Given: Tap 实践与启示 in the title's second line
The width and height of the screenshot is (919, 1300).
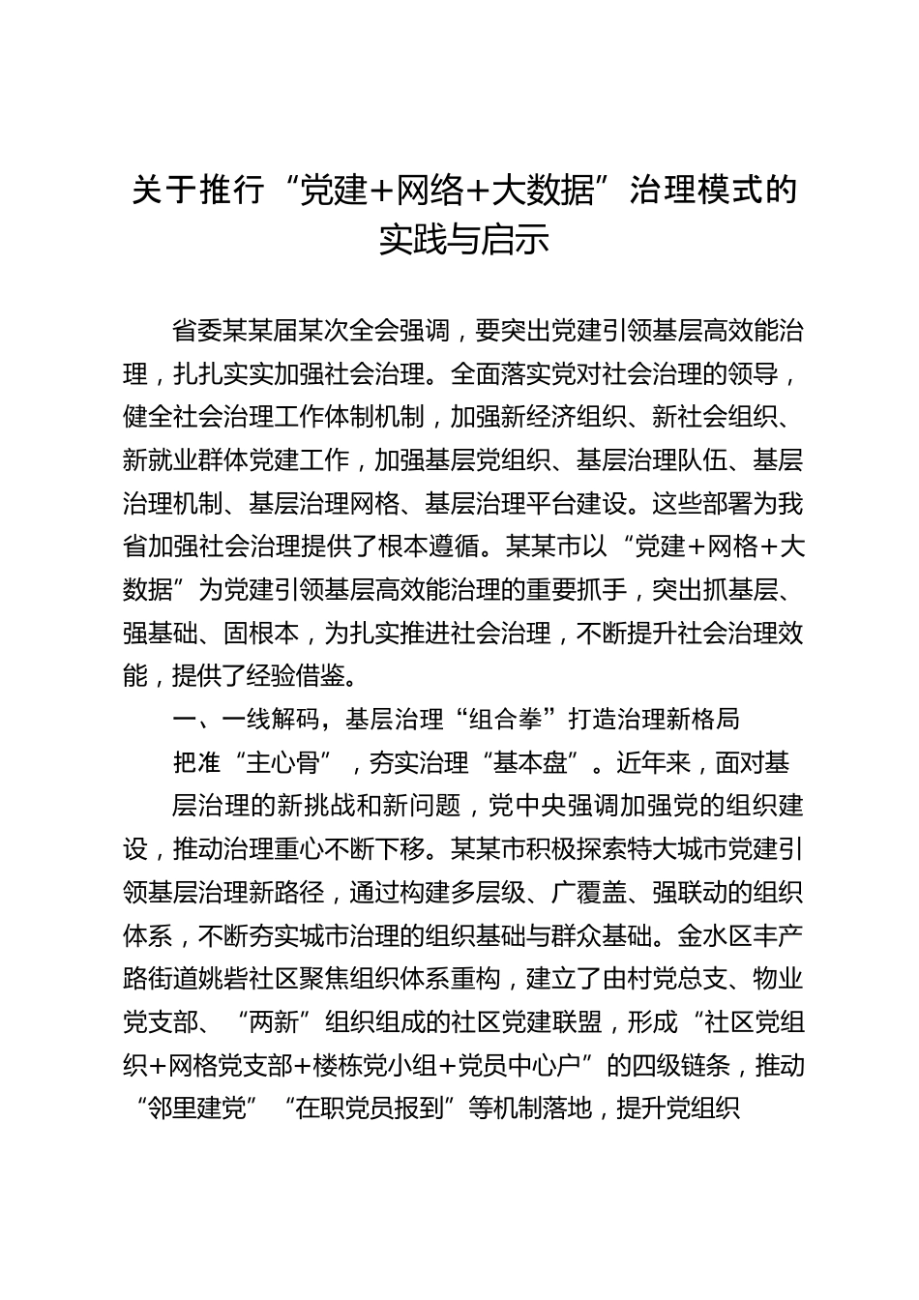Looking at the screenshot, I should tap(463, 239).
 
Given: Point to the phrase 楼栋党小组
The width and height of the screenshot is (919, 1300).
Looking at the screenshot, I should tap(386, 1066).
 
